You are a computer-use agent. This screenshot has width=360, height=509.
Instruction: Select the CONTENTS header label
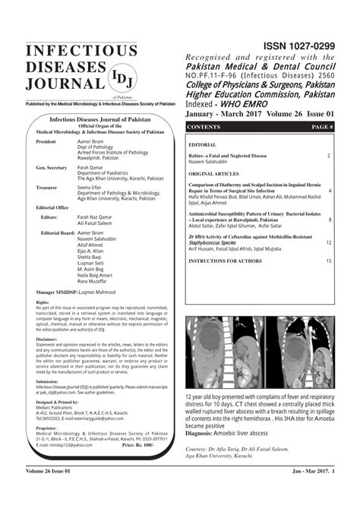click(204, 126)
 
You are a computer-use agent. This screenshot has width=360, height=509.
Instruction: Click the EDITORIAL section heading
click(202, 144)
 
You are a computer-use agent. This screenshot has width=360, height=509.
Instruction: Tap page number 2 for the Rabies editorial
click(329, 155)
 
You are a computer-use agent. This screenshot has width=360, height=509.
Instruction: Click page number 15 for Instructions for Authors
click(328, 261)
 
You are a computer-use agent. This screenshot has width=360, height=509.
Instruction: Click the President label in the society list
click(46, 142)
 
